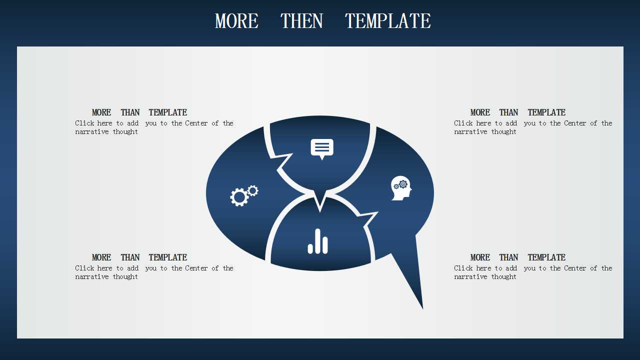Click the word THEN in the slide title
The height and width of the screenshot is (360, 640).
[301, 21]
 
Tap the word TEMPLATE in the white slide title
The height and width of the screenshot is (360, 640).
[387, 21]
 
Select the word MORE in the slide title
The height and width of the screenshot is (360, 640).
[236, 21]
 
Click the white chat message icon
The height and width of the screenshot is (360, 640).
[322, 149]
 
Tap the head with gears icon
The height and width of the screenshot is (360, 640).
[401, 188]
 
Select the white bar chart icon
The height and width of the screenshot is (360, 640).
[317, 241]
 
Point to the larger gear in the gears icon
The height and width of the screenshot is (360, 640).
[239, 197]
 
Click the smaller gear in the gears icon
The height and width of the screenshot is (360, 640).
[253, 190]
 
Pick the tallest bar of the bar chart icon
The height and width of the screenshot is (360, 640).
[317, 241]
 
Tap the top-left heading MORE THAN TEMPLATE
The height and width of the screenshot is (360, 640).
[139, 112]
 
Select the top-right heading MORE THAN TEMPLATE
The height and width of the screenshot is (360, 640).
[518, 112]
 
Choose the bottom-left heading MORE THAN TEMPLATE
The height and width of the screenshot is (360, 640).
[139, 257]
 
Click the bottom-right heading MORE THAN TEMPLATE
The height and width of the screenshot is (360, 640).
[518, 257]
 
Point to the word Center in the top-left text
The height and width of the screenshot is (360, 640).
[196, 123]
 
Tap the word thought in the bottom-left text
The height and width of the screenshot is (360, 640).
[125, 276]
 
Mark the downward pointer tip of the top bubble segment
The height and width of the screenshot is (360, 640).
[320, 211]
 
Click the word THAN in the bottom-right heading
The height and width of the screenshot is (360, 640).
[508, 257]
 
